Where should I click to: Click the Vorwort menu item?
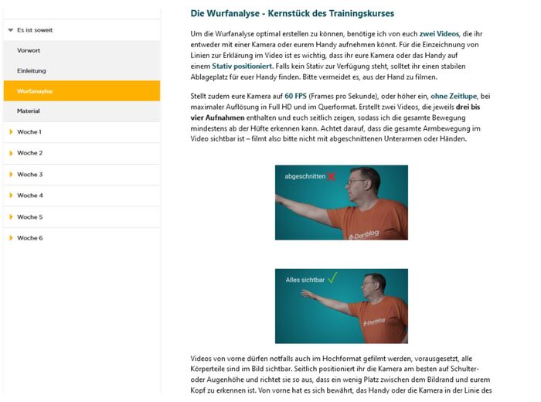(29, 50)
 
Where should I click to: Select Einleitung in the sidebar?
(32, 71)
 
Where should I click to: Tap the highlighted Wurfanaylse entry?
(35, 91)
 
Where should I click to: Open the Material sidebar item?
(29, 111)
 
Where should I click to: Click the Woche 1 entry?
(29, 132)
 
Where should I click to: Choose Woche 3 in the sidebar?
(30, 175)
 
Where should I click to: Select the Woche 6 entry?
(30, 238)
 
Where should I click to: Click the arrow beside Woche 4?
(11, 196)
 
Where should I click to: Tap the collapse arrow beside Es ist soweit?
(11, 30)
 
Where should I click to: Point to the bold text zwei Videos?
(439, 34)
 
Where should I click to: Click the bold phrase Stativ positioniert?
(242, 66)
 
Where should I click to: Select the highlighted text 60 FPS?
(296, 96)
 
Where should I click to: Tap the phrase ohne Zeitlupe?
(454, 96)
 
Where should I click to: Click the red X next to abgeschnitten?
(332, 177)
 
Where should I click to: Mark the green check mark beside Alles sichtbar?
(332, 278)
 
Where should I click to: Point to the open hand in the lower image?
(309, 295)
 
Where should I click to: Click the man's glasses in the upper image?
(357, 182)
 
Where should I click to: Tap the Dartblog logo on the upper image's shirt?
(364, 235)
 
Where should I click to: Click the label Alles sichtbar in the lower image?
(305, 280)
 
